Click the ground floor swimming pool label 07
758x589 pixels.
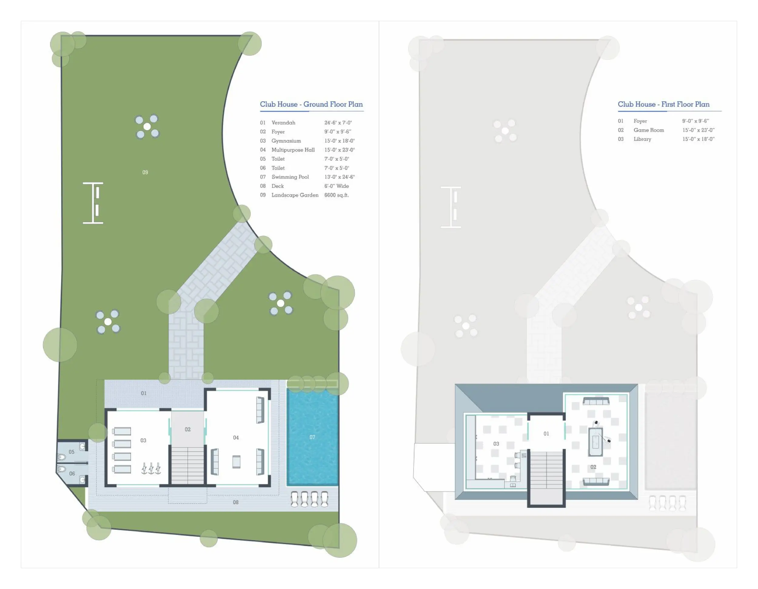pyautogui.click(x=312, y=437)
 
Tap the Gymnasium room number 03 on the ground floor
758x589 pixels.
pyautogui.click(x=143, y=440)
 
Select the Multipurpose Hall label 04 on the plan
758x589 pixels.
pyautogui.click(x=236, y=438)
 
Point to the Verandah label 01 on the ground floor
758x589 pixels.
pyautogui.click(x=144, y=393)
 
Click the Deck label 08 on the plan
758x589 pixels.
pyautogui.click(x=236, y=502)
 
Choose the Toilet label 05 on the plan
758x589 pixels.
pyautogui.click(x=72, y=452)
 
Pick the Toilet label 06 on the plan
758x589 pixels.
pyautogui.click(x=72, y=473)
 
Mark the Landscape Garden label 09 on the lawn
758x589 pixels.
pyautogui.click(x=145, y=172)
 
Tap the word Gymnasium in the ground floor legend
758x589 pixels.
pyautogui.click(x=286, y=141)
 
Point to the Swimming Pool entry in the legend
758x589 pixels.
pyautogui.click(x=290, y=177)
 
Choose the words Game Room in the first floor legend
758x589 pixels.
pyautogui.click(x=649, y=130)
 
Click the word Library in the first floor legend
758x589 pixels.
pyautogui.click(x=642, y=139)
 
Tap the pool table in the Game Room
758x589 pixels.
pyautogui.click(x=595, y=441)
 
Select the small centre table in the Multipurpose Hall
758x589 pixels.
pyautogui.click(x=236, y=462)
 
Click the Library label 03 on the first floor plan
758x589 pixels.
pyautogui.click(x=496, y=444)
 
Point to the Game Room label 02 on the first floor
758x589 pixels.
pyautogui.click(x=593, y=467)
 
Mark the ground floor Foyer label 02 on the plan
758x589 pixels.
pyautogui.click(x=188, y=429)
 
